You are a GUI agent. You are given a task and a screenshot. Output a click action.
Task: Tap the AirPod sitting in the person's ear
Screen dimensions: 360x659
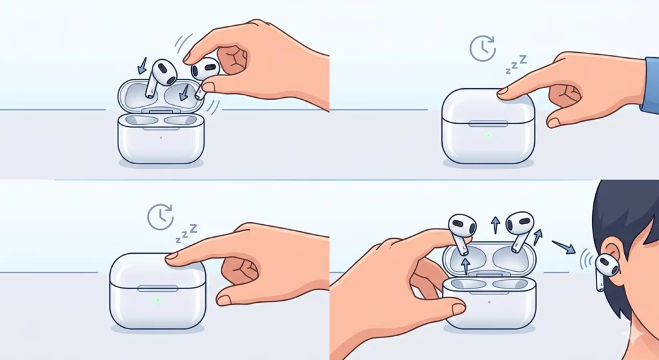click(607, 265)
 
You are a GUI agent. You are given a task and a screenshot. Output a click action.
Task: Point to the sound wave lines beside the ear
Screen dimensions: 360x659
click(586, 259)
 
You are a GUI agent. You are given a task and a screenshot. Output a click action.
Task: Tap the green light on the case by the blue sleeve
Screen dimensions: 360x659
click(488, 135)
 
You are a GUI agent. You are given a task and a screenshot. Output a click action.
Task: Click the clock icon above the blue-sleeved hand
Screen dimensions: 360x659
click(483, 49)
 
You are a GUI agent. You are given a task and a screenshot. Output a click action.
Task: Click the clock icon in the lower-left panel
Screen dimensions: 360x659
click(160, 217)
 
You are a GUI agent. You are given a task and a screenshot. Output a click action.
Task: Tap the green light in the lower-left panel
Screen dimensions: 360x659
click(157, 299)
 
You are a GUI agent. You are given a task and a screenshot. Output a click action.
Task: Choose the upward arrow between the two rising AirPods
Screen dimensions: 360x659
click(495, 225)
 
